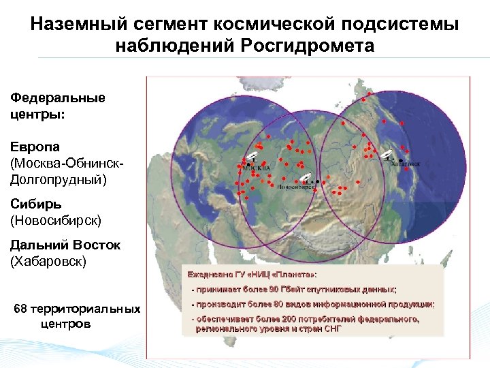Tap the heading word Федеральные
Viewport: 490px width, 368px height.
click(x=58, y=97)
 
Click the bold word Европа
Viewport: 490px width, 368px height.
click(x=35, y=147)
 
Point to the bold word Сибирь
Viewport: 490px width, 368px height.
click(x=36, y=204)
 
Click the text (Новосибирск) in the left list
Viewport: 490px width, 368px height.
click(x=56, y=219)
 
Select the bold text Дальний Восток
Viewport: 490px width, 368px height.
click(x=65, y=245)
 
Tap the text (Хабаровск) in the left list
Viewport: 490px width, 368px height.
click(x=49, y=261)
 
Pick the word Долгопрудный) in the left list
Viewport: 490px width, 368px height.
click(x=59, y=179)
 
